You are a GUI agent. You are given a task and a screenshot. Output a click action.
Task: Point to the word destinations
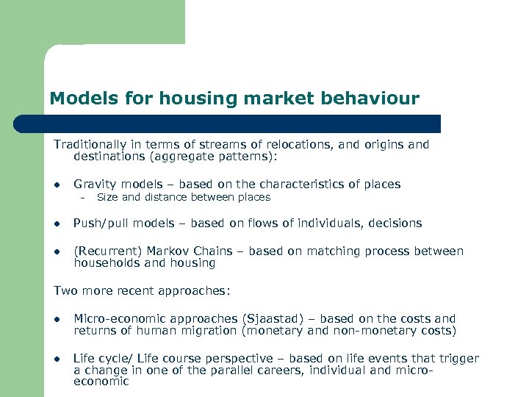pos(108,156)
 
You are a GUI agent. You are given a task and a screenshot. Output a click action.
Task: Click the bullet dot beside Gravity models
pos(57,185)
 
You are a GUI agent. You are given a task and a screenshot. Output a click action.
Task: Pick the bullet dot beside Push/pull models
pos(57,223)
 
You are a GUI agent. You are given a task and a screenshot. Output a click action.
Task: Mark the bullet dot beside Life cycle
pos(57,360)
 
